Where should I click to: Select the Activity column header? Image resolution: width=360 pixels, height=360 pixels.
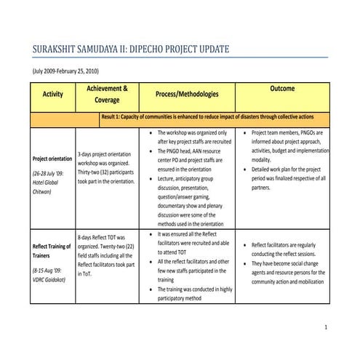point(52,94)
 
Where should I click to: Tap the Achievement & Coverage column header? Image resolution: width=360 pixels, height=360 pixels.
point(108,94)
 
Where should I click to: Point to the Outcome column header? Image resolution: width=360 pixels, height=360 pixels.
point(282,88)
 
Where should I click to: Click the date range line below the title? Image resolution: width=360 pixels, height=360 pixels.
point(65,71)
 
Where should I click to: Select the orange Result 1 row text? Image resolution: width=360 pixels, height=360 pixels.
point(207,116)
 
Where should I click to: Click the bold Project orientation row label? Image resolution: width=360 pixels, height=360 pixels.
point(52,159)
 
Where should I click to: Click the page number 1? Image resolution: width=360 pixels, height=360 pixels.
point(326,327)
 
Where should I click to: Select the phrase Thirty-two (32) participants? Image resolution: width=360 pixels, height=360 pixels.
point(108,172)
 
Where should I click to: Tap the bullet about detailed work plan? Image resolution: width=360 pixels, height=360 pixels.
point(288,177)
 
